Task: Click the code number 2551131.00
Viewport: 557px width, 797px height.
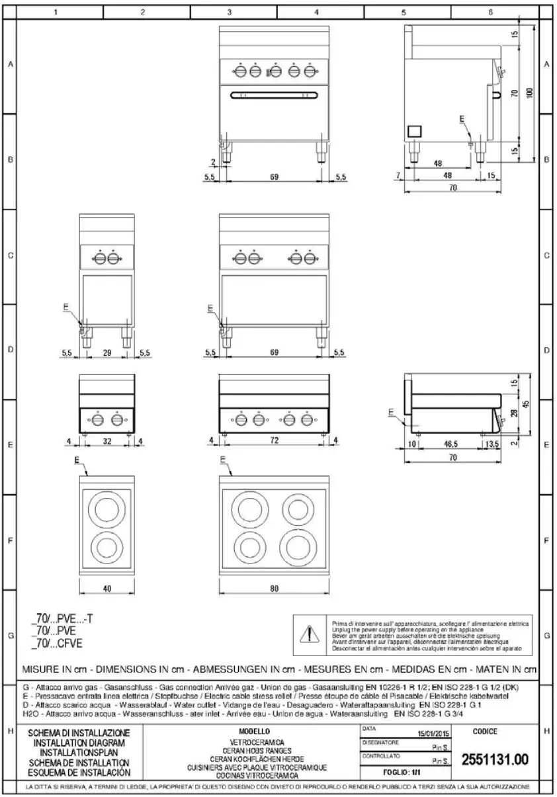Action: coord(494,761)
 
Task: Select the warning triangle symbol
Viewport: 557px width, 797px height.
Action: coord(310,633)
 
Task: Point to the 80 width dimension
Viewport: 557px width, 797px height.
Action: coord(275,588)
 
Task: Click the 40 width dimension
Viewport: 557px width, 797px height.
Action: coord(107,588)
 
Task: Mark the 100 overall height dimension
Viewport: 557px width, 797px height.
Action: coord(529,93)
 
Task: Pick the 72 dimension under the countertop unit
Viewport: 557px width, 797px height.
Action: coord(275,440)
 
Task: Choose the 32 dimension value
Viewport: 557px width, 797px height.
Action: coord(107,440)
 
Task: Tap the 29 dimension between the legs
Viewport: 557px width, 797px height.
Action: coord(107,354)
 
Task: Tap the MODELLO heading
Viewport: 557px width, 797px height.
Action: coord(254,731)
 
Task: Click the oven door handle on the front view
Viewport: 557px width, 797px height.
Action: coord(275,95)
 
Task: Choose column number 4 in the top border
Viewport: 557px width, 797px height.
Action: coord(316,12)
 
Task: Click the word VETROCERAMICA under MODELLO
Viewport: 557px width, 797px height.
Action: coord(254,743)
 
